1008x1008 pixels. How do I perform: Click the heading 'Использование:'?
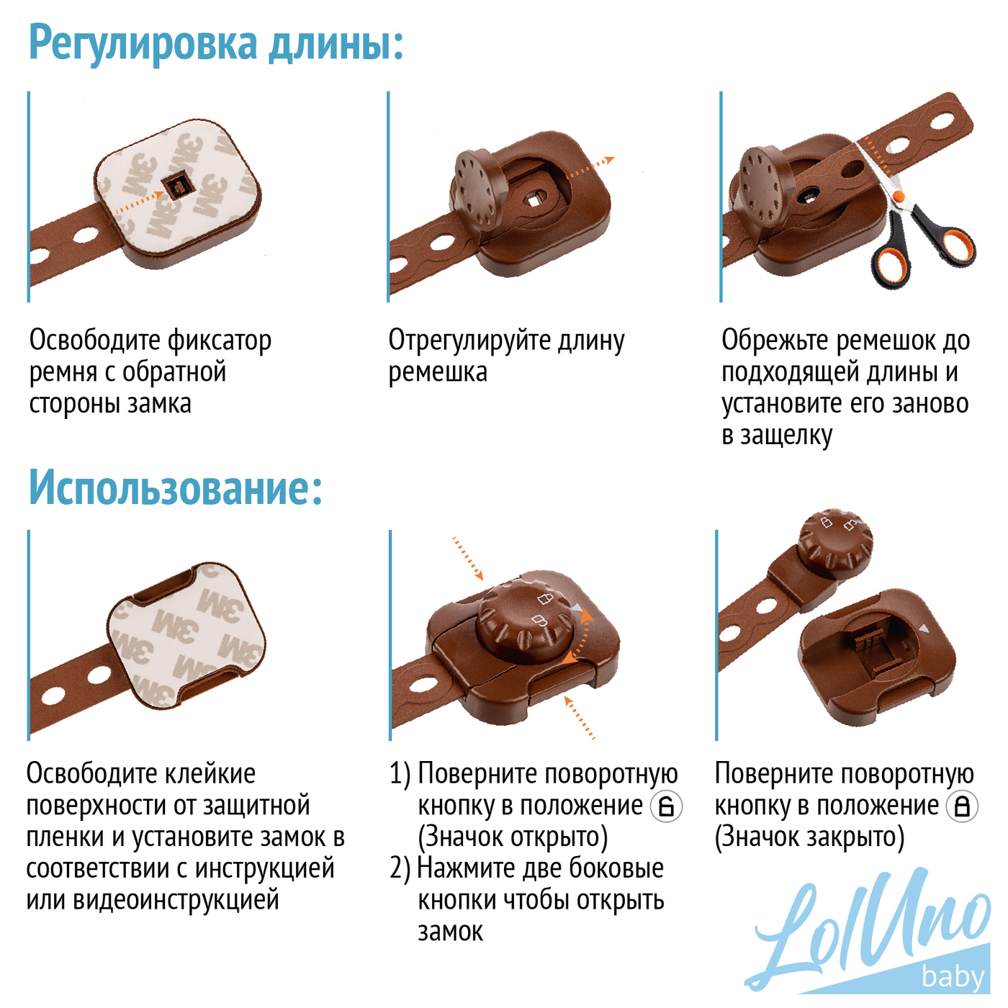175,488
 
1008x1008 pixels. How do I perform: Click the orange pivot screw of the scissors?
898,196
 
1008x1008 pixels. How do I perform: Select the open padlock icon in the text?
666,806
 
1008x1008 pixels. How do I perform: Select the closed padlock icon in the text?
962,806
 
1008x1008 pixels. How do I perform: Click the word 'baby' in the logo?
953,976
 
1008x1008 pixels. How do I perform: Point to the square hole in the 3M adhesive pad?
176,186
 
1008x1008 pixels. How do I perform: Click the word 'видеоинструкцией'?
176,900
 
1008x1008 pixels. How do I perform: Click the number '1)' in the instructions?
400,774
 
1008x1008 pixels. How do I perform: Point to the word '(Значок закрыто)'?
809,837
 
